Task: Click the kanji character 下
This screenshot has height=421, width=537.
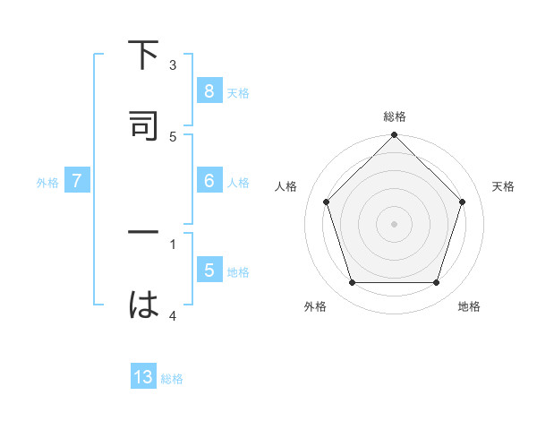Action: tap(143, 56)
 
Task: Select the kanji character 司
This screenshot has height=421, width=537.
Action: tap(143, 126)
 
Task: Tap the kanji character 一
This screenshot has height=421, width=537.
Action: tap(143, 232)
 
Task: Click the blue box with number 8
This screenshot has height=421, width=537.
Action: tap(209, 91)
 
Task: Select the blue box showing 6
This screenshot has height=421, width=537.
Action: tap(209, 181)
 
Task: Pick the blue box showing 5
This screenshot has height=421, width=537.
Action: tap(209, 271)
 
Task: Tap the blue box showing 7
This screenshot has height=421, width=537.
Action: tap(77, 181)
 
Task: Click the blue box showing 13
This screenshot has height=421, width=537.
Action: tap(143, 378)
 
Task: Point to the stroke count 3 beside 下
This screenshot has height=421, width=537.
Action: tap(173, 65)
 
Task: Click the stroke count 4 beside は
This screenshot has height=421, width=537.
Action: tap(173, 315)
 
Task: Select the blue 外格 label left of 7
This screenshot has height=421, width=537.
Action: tap(47, 182)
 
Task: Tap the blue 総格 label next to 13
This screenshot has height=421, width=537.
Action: tap(172, 379)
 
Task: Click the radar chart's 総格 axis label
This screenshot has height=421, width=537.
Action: tap(394, 116)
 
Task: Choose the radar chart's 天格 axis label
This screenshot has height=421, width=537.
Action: tap(503, 186)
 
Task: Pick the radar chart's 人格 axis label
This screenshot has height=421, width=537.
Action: tap(286, 186)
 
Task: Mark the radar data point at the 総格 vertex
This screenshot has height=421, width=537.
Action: tap(394, 136)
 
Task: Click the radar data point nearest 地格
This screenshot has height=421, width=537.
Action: tap(436, 283)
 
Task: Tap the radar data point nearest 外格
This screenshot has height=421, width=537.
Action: tap(352, 283)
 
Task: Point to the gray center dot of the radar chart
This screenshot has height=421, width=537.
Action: tap(394, 223)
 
